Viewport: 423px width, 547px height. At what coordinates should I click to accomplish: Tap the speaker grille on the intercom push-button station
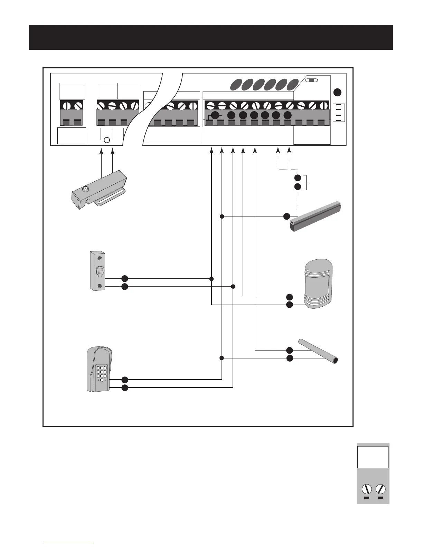coord(100,271)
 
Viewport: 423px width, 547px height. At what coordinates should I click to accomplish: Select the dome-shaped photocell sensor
coord(318,283)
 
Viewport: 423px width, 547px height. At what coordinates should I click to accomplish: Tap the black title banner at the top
coord(211,37)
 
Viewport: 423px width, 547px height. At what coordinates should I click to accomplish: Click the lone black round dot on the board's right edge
coord(338,93)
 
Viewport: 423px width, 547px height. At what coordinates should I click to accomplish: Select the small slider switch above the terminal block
coord(312,80)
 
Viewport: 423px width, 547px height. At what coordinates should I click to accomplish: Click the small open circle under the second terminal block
coord(107,140)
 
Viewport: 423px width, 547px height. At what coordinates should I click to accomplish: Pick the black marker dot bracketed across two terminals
coord(215,116)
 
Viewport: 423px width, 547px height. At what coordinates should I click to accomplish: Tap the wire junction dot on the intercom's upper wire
coord(211,279)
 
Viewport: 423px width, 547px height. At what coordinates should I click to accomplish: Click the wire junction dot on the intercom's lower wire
coord(233,287)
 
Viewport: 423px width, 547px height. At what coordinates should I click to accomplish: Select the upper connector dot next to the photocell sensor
coord(290,297)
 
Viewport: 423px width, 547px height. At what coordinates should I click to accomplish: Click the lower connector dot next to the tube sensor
coord(290,358)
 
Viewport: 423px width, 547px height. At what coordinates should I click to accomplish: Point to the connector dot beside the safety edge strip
coord(286,217)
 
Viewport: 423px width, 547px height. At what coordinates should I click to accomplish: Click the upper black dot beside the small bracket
coord(298,178)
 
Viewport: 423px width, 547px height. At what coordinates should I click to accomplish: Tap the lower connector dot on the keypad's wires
coord(125,387)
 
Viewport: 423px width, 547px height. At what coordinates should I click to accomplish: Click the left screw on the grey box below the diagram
coord(367,489)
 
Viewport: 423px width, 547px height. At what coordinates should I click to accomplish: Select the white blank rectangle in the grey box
coord(373,457)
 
